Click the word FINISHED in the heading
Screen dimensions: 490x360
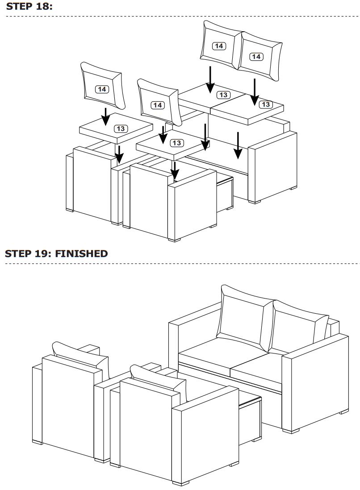point(81,254)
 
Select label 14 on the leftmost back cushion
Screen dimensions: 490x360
point(102,89)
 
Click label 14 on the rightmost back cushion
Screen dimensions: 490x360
point(256,57)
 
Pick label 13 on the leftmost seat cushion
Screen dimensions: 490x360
point(121,129)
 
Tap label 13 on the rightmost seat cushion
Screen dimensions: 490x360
point(265,104)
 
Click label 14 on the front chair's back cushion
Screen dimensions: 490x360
point(157,105)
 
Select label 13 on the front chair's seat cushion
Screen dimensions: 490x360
point(177,143)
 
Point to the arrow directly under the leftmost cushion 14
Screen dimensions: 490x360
point(105,117)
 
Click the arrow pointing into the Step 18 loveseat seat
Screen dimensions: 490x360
point(239,145)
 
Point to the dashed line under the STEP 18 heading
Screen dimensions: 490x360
point(179,17)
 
